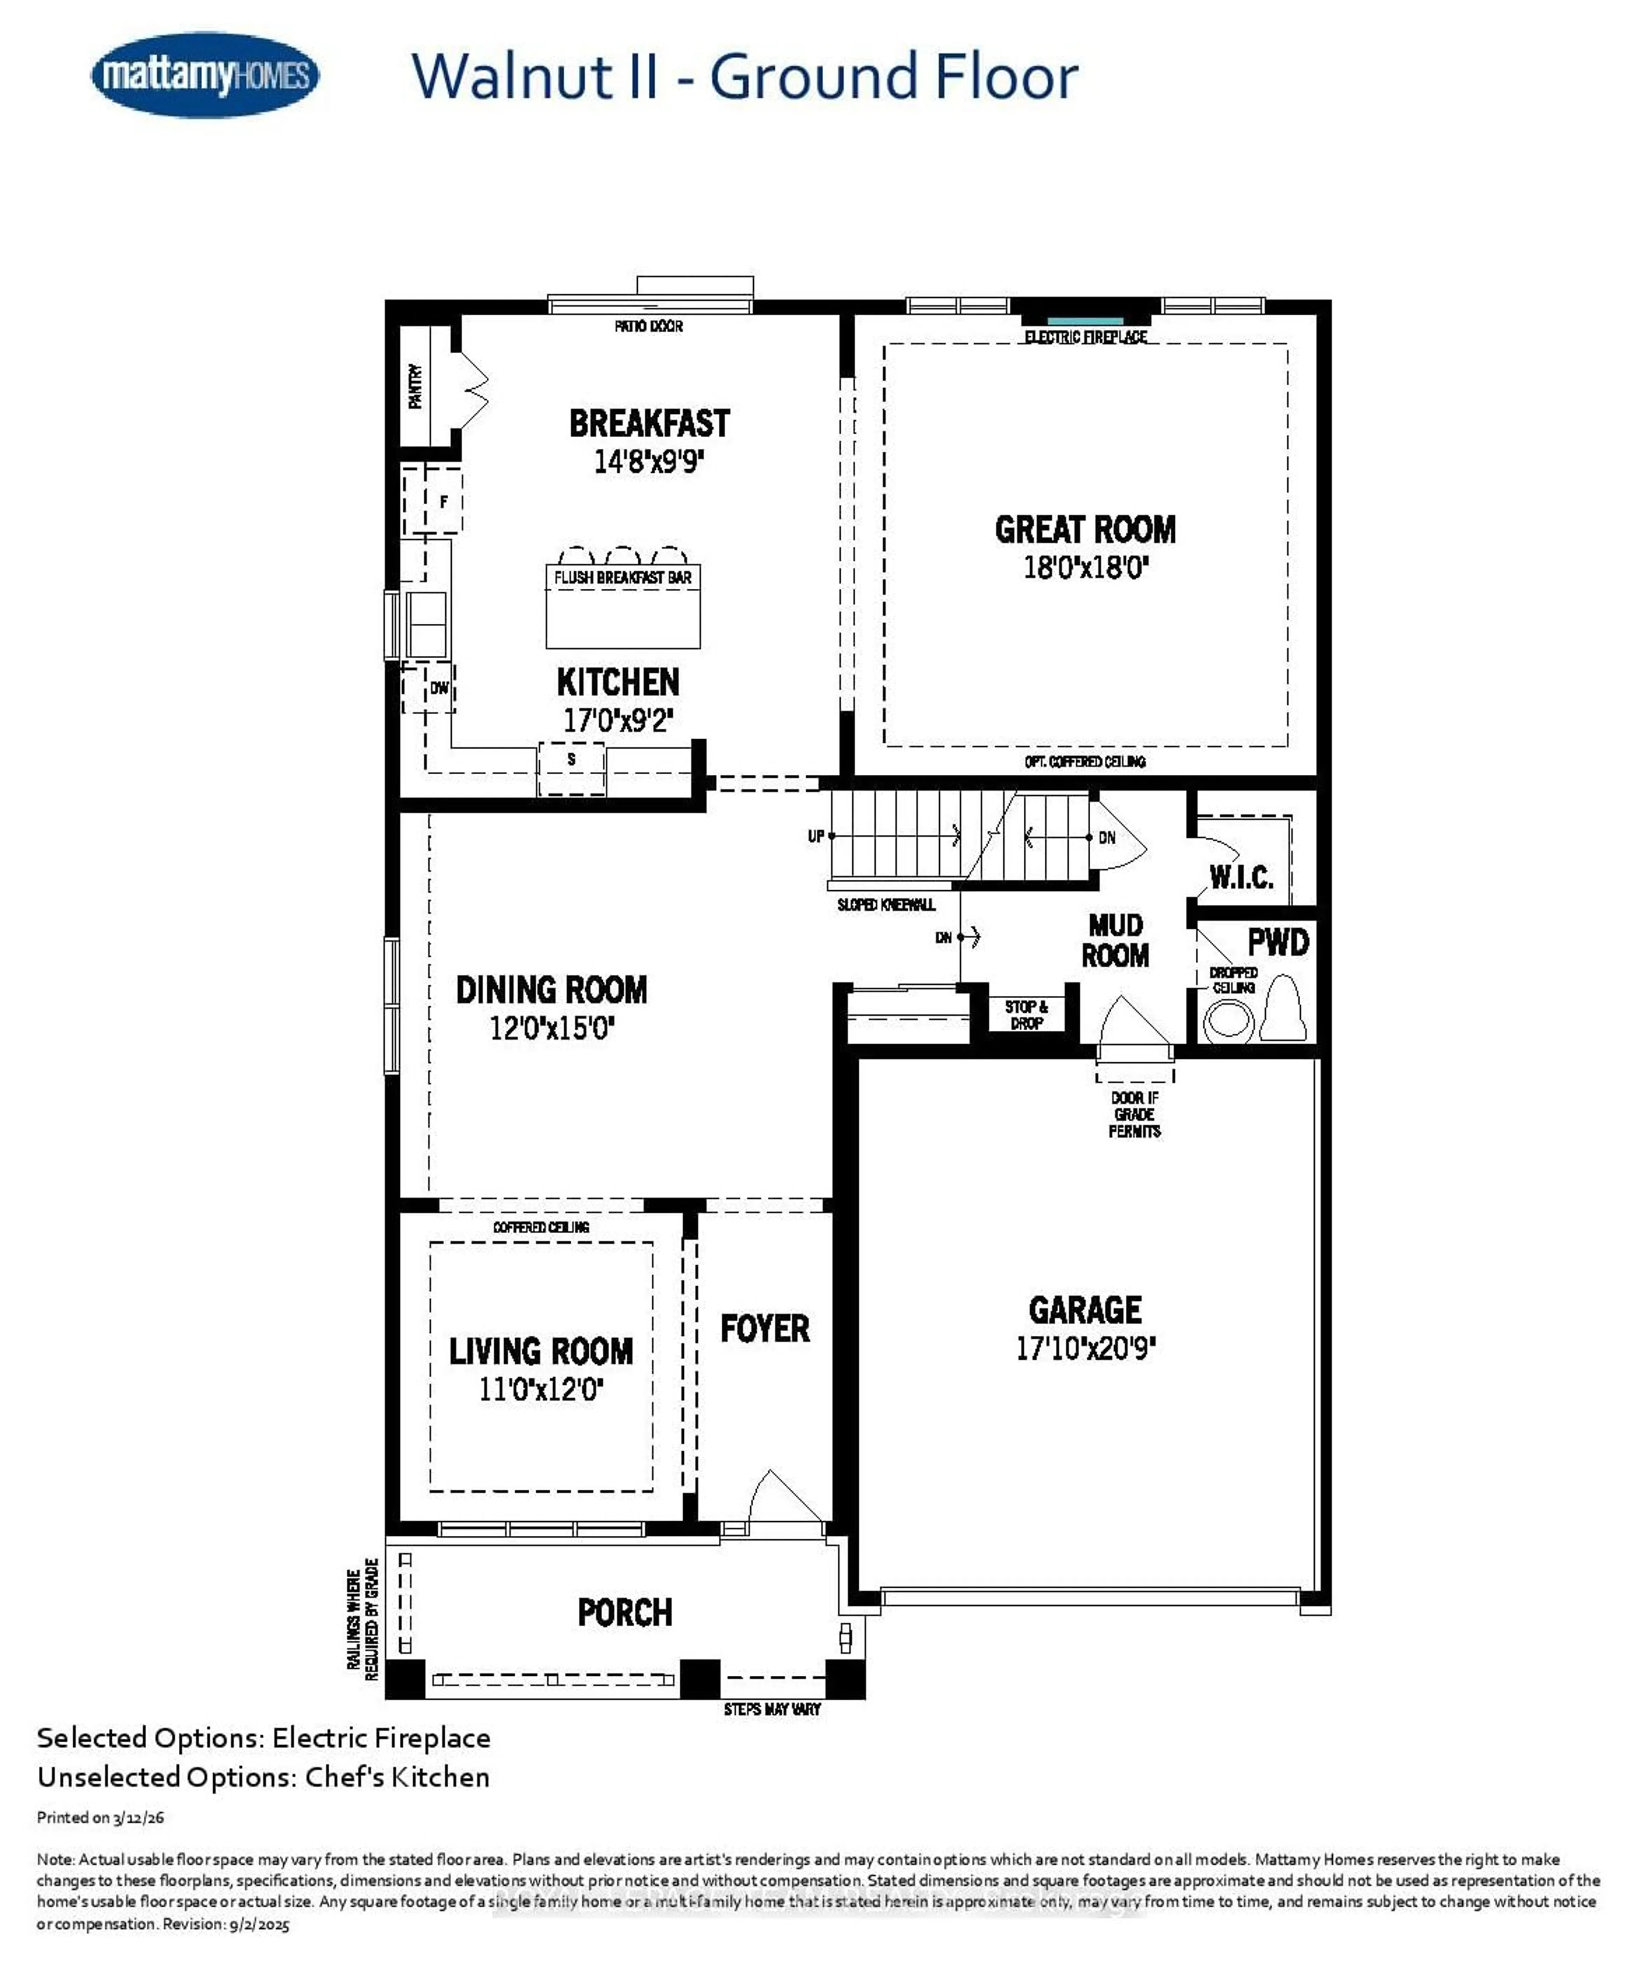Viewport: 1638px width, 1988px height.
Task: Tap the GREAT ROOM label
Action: point(1085,529)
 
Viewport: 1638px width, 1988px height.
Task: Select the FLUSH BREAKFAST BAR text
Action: point(623,578)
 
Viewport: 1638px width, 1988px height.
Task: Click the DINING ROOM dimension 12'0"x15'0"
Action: point(552,1028)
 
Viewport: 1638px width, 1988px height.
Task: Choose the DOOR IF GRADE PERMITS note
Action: point(1134,1114)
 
